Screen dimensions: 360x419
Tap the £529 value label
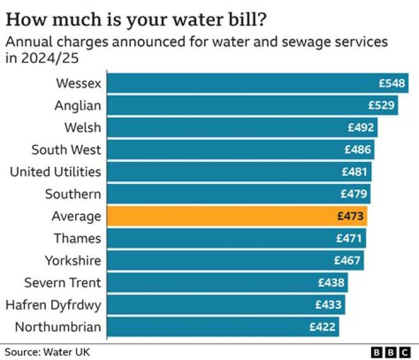[x=382, y=105]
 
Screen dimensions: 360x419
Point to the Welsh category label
[x=82, y=128]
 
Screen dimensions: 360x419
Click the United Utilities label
[x=55, y=172]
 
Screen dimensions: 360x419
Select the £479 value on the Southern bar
[x=354, y=194]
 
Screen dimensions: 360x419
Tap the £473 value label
[x=350, y=216]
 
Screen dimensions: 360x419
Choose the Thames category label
[x=77, y=238]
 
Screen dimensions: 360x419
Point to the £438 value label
[x=332, y=283]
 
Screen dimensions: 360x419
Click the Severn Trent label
[x=62, y=283]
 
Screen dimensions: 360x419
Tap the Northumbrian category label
[x=58, y=327]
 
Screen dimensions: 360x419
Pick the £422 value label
[x=322, y=327]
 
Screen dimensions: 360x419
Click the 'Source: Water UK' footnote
[x=48, y=352]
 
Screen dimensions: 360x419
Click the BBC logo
[x=392, y=352]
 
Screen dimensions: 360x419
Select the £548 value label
[x=392, y=83]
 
